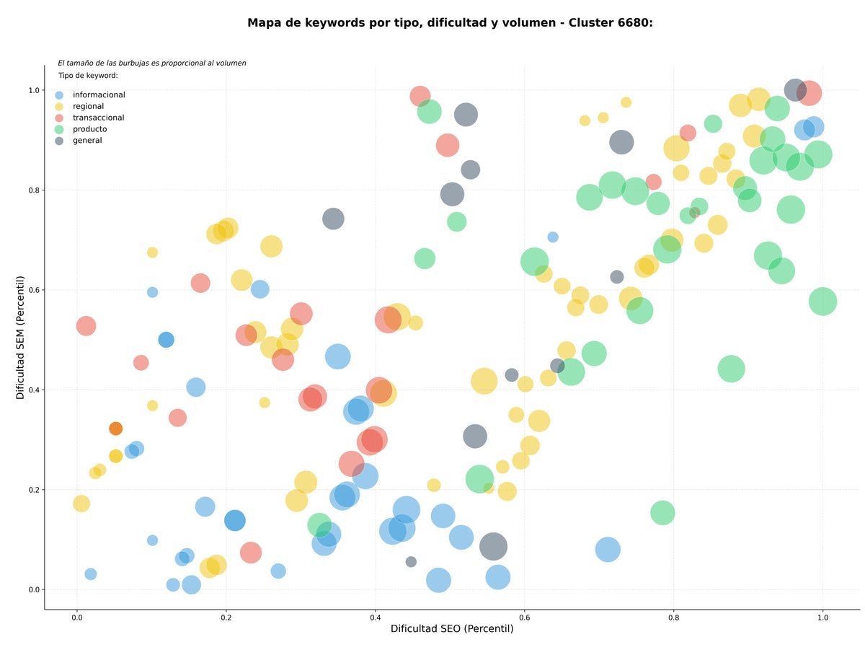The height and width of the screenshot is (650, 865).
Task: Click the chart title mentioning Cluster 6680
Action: point(450,23)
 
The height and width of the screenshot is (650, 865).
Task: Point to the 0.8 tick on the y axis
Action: point(34,190)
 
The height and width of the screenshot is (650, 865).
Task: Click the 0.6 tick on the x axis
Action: point(524,618)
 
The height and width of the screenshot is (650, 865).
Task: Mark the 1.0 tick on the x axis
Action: point(822,618)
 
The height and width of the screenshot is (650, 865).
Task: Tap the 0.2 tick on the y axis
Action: point(34,490)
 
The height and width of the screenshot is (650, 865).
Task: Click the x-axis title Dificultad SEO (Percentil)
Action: point(452,628)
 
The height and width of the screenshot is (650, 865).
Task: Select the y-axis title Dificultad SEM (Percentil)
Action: point(20,337)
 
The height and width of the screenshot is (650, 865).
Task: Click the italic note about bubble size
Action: point(151,63)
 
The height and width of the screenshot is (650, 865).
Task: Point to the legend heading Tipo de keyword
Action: point(88,75)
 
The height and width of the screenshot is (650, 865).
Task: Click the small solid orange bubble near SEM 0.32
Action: point(115,429)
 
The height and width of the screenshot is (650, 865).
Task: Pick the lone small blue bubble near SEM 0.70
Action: point(552,237)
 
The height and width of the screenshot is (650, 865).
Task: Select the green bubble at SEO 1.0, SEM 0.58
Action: point(822,302)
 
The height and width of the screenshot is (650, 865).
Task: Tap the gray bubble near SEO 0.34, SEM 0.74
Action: point(333,219)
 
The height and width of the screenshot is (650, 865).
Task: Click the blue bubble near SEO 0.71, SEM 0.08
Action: point(607,550)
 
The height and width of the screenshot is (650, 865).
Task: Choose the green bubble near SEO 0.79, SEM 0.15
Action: point(662,513)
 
